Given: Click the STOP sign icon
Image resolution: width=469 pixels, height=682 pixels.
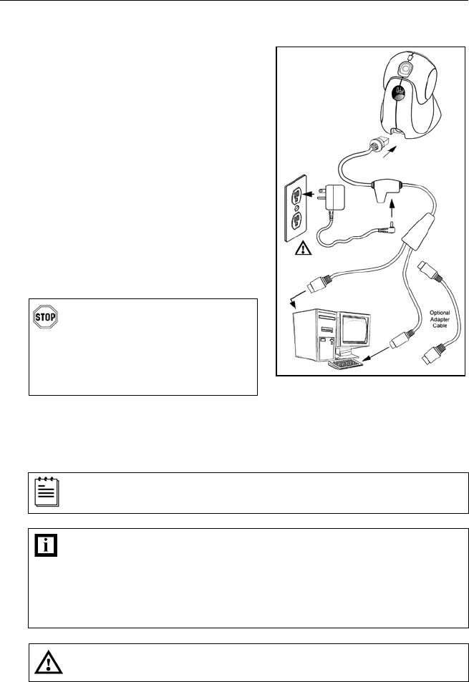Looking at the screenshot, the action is (x=44, y=318).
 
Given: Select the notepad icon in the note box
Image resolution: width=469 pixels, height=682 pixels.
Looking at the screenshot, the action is (x=45, y=492).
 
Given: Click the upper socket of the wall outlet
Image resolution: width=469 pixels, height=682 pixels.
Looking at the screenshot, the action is (x=294, y=195).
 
